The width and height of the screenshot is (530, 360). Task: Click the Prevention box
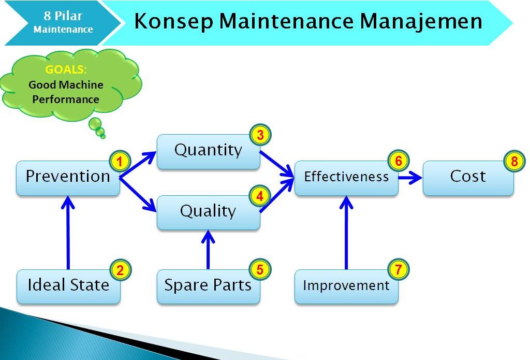[68, 178]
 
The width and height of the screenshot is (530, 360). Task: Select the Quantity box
[208, 151]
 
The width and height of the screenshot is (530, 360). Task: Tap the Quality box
[208, 212]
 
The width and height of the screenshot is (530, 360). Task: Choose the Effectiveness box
[346, 178]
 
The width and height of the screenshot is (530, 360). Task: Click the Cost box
[468, 178]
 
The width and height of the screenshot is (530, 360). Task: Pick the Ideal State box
[68, 286]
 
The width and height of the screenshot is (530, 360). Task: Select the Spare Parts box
[208, 286]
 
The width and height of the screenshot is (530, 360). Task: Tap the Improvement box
[346, 286]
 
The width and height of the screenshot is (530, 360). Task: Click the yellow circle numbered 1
[120, 162]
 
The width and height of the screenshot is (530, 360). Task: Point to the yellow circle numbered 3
[260, 135]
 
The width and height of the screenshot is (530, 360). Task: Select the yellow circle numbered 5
[260, 269]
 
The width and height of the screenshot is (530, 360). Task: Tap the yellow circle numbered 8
[514, 161]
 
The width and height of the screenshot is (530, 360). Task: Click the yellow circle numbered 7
[398, 269]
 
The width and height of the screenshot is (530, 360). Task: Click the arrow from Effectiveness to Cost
[410, 178]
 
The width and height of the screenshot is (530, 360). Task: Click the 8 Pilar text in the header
[63, 16]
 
